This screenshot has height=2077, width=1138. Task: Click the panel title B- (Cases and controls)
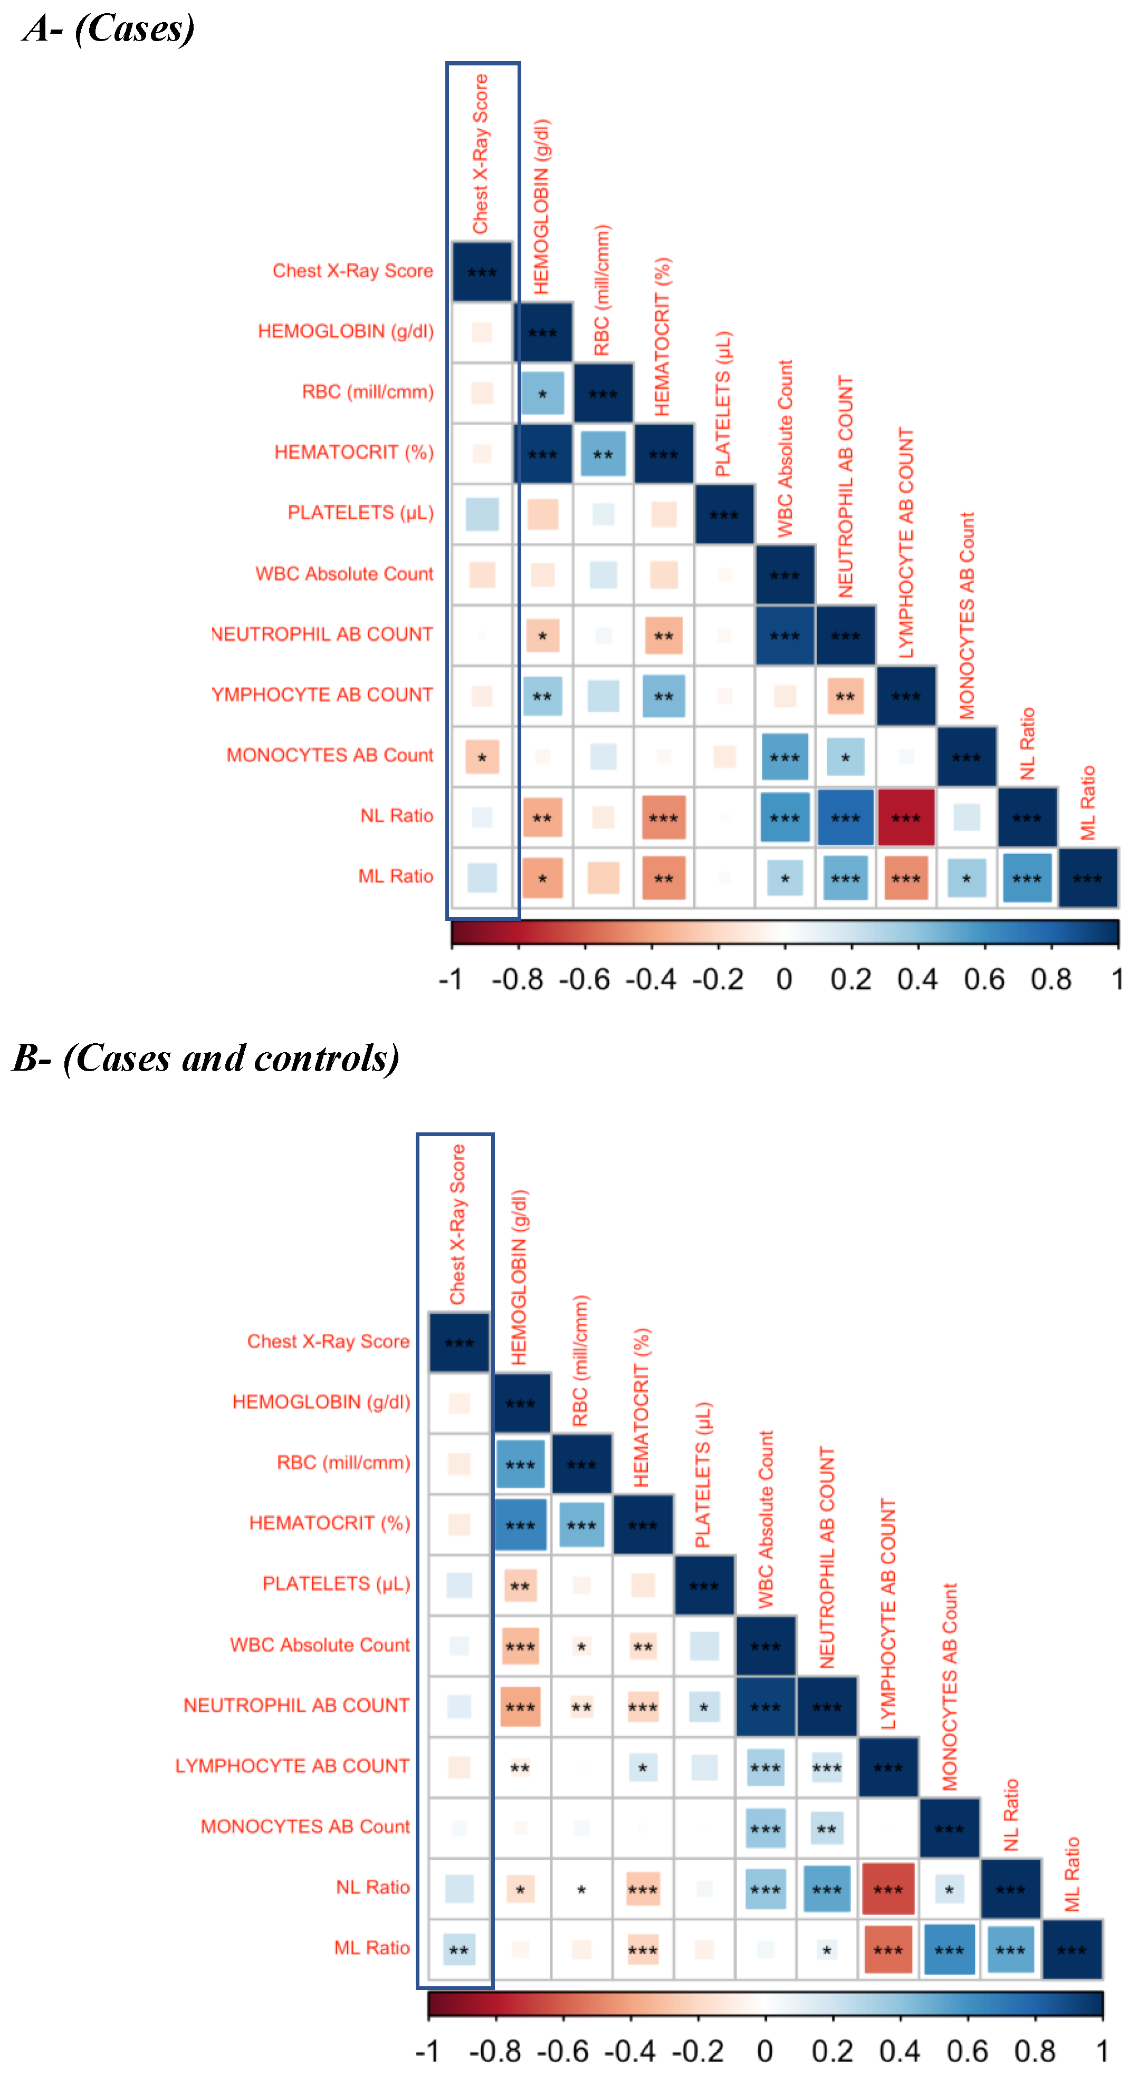[206, 1058]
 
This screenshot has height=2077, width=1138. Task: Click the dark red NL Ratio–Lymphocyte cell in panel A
[906, 818]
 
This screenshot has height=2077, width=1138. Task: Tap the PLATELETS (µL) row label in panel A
[360, 513]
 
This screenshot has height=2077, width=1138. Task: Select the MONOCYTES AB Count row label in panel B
[305, 1826]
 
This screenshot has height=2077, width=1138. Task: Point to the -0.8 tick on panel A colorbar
[518, 979]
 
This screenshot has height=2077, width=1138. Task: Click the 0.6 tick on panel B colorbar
[967, 2051]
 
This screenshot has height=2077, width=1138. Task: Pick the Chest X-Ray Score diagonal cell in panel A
[482, 272]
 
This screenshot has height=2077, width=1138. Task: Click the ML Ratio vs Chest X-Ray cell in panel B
[459, 1949]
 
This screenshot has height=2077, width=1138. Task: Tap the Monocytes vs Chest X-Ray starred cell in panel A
[482, 757]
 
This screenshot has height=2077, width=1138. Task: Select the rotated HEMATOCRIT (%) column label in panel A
[662, 337]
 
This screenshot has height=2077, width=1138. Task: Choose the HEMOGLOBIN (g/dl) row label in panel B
[321, 1402]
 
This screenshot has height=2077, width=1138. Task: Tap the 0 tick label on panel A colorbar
[784, 979]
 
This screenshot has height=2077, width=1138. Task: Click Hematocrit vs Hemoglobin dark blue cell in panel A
[542, 454]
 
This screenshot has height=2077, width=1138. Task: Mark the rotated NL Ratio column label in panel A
[1027, 743]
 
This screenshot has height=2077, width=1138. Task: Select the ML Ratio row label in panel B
[372, 1948]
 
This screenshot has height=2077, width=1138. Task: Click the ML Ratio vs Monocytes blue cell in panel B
[949, 1949]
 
